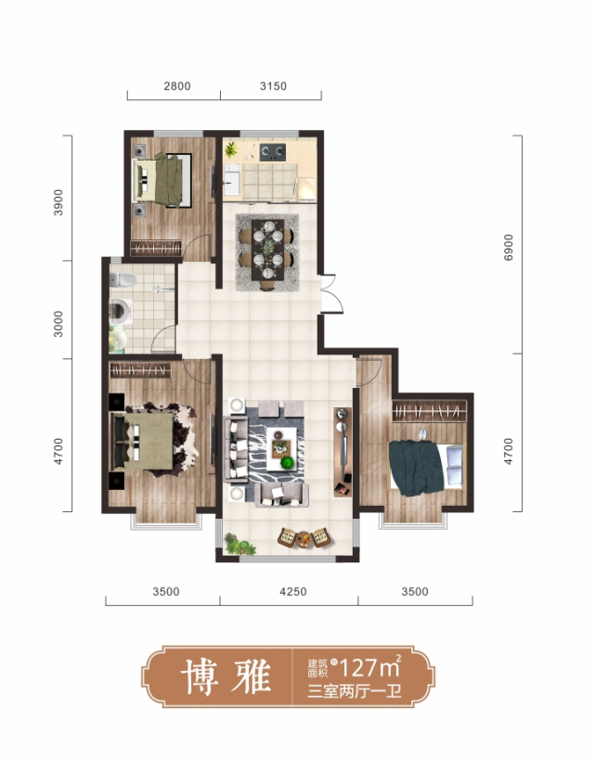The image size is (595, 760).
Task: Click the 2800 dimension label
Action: point(177,86)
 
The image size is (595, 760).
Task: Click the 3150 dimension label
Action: point(273,86)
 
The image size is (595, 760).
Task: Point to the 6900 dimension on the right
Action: point(508,248)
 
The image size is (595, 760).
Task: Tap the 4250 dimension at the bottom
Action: point(293,592)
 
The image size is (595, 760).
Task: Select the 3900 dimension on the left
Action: point(58,202)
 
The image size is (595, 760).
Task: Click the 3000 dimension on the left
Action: point(58,324)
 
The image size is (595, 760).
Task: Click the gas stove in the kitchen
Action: point(272,152)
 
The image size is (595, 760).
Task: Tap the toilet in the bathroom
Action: point(123,280)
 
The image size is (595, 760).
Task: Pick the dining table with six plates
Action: point(267,250)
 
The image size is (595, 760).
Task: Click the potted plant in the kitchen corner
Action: point(231,149)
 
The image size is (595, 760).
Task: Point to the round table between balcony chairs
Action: point(304,538)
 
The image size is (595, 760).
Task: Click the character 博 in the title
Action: point(199,676)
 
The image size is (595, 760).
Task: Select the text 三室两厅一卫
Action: point(355,691)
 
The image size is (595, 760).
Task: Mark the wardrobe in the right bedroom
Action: point(429,411)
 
